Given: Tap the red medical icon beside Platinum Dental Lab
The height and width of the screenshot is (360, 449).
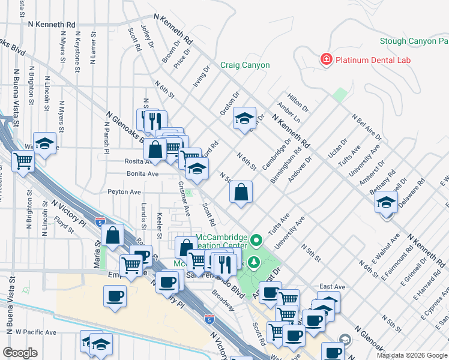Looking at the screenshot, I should point(326,59).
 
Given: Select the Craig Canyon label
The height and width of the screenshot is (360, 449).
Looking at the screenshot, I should point(245,65).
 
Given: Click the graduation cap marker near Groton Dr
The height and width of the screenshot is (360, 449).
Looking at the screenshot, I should point(244,119).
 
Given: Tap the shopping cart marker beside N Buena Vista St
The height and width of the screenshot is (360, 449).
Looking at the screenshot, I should point(23,161).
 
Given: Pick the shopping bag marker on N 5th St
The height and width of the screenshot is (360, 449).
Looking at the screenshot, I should point(241,193).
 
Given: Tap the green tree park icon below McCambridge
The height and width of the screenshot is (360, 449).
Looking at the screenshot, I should point(255,262).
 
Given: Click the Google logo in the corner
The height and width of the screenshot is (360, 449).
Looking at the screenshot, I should point(20,352).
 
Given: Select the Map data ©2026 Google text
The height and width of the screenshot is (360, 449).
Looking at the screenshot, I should point(412,355).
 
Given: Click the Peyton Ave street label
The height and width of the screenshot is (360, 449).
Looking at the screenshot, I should point(124,192).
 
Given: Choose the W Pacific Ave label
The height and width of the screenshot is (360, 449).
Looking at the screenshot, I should point(35,332).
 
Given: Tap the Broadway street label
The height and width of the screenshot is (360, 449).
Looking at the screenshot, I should point(223,301).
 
